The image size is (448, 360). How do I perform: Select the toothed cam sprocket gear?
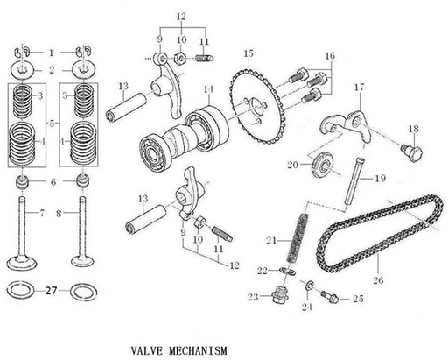[x=258, y=105]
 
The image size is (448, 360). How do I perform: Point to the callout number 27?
[x=51, y=290]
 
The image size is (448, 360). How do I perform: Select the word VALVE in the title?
[x=150, y=349]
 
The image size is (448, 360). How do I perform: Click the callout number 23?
[x=253, y=298]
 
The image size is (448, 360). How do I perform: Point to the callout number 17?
[x=360, y=88]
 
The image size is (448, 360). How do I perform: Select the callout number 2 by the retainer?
[x=51, y=69]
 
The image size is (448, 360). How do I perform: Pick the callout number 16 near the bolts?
[x=329, y=55]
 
